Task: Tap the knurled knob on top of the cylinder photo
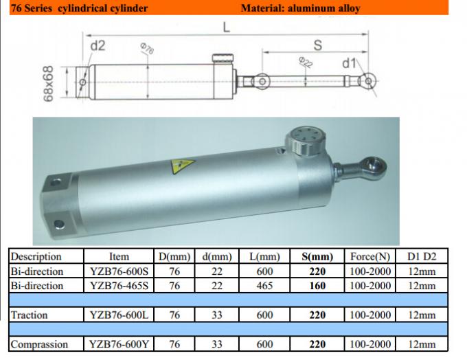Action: pos(302,140)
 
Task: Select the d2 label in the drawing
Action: pos(98,46)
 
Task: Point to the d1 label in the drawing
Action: pos(349,64)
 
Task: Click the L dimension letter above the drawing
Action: pos(226,27)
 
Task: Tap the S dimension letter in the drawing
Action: pos(317,45)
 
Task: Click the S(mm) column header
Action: pos(318,256)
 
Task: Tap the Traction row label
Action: pos(30,315)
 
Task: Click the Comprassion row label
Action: pos(39,344)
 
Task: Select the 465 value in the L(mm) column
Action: pos(264,285)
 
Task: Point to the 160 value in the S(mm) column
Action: pos(318,285)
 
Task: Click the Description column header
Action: pos(36,256)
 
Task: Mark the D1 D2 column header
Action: pos(422,256)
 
